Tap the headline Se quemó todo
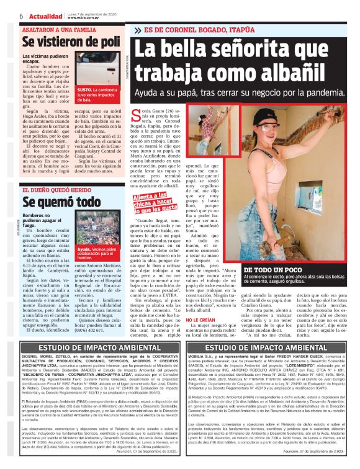(x=61, y=202)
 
